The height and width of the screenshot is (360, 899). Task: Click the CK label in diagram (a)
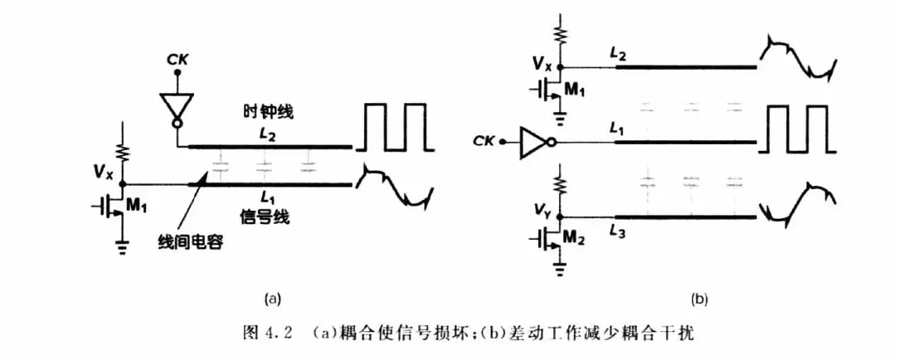click(178, 60)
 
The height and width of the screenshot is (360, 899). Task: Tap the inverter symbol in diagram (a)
click(177, 108)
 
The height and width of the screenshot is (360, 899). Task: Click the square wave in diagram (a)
click(395, 127)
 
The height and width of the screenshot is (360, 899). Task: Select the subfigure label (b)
click(700, 298)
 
